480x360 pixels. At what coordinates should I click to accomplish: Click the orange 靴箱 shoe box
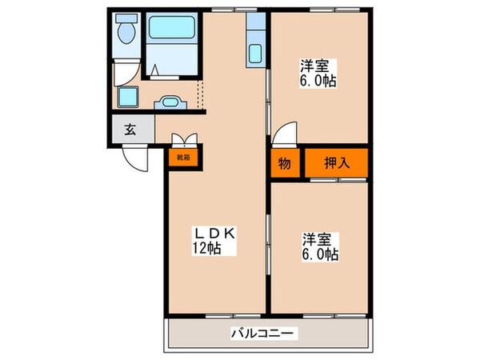[x=183, y=157]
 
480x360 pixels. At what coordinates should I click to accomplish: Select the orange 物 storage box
[x=284, y=162]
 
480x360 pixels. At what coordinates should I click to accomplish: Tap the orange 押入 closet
[x=335, y=162]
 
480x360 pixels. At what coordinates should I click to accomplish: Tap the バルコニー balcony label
[x=265, y=331]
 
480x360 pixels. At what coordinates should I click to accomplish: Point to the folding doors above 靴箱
[x=183, y=138]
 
